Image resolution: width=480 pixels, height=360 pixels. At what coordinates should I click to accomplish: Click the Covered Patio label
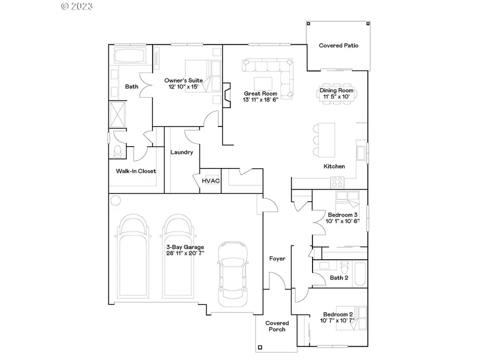(339, 46)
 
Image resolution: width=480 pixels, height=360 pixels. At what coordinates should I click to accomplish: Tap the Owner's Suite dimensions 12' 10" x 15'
(183, 87)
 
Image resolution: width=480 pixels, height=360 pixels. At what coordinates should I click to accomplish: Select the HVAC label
(211, 181)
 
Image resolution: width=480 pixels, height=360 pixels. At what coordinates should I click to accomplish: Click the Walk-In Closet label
(136, 171)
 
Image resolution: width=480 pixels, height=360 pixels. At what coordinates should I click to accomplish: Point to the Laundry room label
(181, 153)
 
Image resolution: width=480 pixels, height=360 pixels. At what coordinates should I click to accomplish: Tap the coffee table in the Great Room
(263, 84)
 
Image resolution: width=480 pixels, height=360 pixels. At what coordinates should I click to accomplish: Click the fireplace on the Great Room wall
(227, 93)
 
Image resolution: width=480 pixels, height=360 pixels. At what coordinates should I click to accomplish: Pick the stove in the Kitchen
(337, 182)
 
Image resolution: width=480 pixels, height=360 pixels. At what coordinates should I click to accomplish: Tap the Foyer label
(277, 259)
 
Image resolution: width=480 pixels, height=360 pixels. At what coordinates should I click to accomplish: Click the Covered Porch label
(277, 326)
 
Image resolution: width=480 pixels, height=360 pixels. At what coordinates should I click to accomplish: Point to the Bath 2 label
(339, 278)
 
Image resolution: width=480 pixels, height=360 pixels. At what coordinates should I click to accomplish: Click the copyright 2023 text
(77, 6)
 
